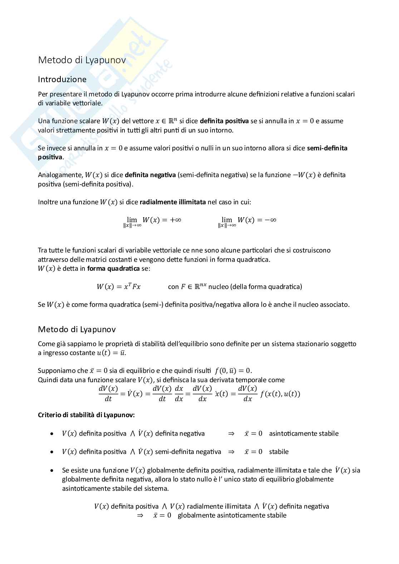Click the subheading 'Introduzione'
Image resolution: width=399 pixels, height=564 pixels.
click(x=62, y=79)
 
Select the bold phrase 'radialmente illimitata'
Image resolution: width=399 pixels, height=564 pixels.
click(x=173, y=202)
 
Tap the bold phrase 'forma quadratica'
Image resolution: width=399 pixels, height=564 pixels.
click(x=113, y=269)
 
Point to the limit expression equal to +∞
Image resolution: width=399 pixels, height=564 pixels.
click(x=152, y=221)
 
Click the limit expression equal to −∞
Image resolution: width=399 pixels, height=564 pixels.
click(x=247, y=221)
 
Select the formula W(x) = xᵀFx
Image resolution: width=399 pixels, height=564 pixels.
click(x=118, y=286)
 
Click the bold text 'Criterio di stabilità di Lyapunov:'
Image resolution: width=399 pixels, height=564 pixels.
click(x=86, y=415)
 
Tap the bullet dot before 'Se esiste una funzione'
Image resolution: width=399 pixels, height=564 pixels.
click(x=53, y=470)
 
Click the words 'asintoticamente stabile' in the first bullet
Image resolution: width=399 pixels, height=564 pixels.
click(x=304, y=434)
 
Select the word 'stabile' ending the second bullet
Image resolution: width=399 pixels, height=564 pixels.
click(x=279, y=452)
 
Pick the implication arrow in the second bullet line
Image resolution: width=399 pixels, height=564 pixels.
click(x=231, y=452)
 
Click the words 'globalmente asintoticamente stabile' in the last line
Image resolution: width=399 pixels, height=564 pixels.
click(x=232, y=515)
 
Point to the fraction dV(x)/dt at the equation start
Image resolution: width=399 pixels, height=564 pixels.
click(x=108, y=394)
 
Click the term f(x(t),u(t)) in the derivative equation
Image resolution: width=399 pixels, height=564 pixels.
click(x=280, y=394)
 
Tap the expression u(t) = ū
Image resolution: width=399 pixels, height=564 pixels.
click(x=111, y=353)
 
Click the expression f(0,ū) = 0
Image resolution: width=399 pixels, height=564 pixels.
click(x=233, y=371)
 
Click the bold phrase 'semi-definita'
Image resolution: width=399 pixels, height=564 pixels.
click(x=327, y=148)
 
